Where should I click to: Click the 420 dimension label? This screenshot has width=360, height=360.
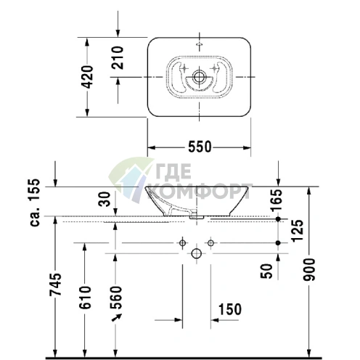[x=87, y=75]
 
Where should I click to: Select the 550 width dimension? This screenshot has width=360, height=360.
[x=200, y=147]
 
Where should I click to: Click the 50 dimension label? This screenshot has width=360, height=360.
[x=267, y=271]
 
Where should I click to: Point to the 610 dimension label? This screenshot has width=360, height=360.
[x=86, y=299]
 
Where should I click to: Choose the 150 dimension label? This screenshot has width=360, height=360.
[x=229, y=310]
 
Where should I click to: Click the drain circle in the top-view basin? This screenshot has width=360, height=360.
[x=199, y=75]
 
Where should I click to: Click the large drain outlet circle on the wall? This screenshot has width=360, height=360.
[x=196, y=253]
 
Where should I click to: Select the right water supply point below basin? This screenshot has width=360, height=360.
[x=210, y=242]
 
